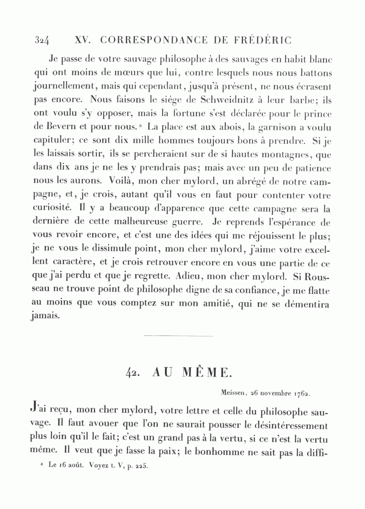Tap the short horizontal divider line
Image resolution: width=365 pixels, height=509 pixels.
(x=178, y=336)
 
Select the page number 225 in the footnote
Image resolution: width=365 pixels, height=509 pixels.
(x=141, y=466)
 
